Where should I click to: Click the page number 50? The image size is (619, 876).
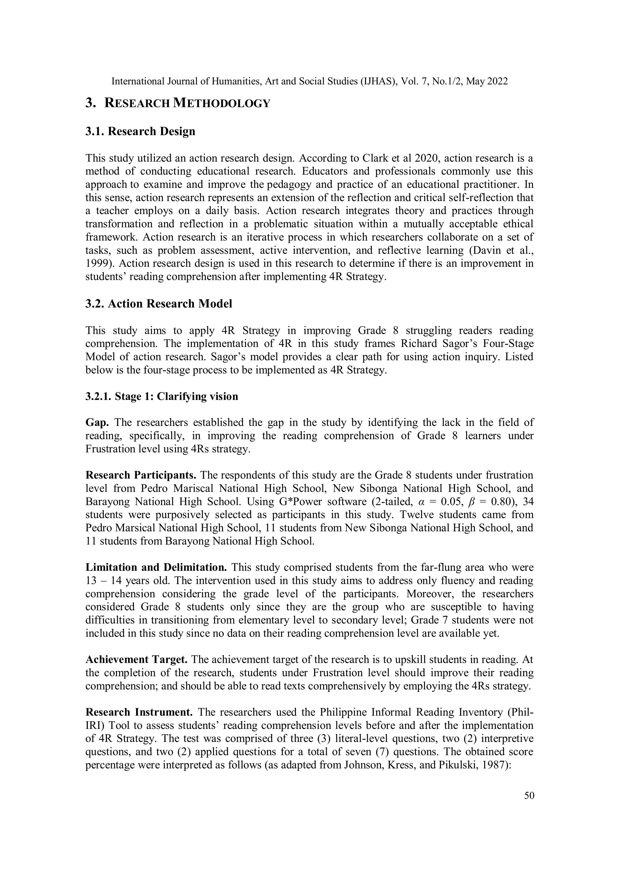529,795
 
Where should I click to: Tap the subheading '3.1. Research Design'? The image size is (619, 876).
140,131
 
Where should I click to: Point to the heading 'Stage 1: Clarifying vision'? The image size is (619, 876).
176,396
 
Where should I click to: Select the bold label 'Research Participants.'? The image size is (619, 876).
141,475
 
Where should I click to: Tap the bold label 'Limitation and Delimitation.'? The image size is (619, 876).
156,567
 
